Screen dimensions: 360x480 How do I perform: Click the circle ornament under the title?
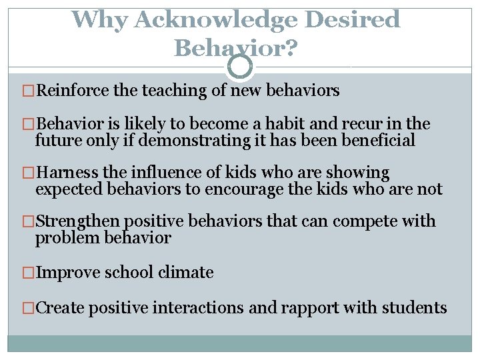click(x=240, y=67)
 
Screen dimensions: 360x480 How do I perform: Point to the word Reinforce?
click(x=73, y=91)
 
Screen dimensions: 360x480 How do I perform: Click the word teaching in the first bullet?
click(x=173, y=91)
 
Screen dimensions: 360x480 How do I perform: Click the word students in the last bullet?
click(x=415, y=308)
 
